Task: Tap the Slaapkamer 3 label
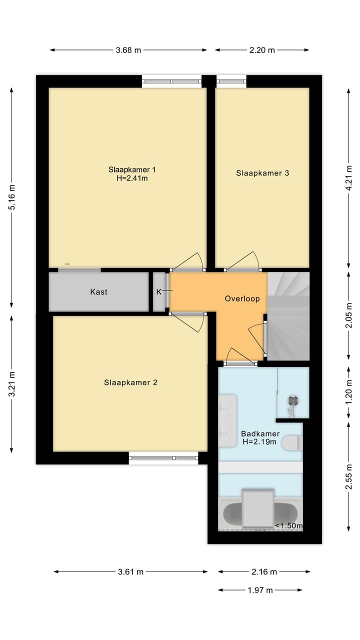tap(262, 173)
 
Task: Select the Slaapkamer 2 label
tap(130, 382)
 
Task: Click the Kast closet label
tap(98, 291)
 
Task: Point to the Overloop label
tap(242, 299)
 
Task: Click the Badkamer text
tap(260, 433)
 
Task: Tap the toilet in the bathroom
tap(291, 442)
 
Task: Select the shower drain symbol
tap(292, 399)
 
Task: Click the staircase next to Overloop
tap(288, 315)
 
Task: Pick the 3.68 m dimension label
tap(128, 50)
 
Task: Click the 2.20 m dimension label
tap(262, 50)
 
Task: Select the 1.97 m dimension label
tap(260, 590)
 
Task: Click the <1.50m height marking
tap(289, 525)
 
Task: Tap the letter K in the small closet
tap(159, 291)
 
